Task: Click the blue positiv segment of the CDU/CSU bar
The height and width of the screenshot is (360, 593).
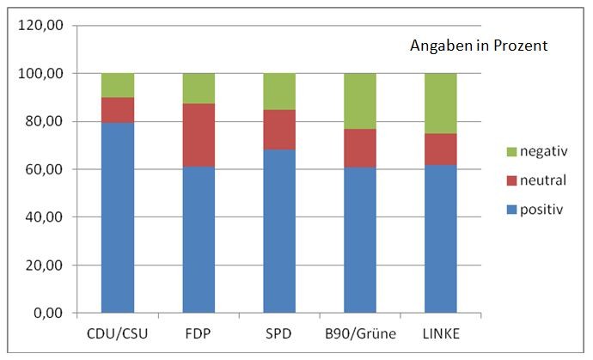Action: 117,217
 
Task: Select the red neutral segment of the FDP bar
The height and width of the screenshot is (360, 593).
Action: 198,135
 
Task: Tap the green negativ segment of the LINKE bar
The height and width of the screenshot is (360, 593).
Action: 441,103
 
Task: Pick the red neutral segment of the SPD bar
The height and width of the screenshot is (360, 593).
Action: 278,130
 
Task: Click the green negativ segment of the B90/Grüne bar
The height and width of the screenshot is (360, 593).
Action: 360,101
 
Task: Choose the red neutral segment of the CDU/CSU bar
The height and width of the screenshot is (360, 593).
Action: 117,110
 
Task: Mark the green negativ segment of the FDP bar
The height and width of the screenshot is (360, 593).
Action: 198,88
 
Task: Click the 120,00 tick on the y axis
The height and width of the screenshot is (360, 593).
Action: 44,26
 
